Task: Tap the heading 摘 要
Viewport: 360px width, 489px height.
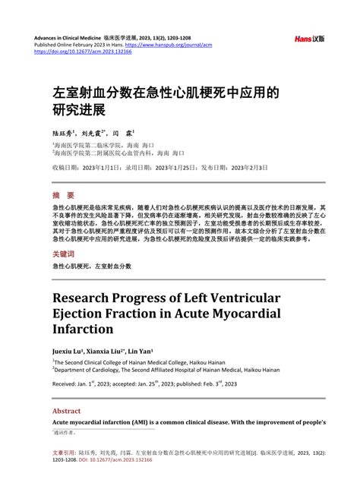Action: (x=63, y=194)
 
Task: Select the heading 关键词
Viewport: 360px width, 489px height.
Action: (x=64, y=253)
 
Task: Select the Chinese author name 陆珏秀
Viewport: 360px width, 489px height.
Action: (x=64, y=131)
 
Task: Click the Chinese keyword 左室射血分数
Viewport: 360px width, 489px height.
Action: (x=113, y=267)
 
